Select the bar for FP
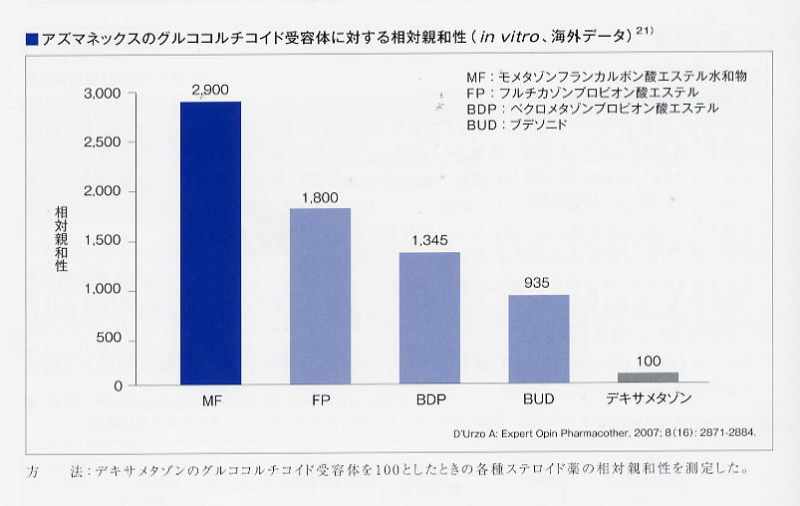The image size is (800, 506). coord(320,296)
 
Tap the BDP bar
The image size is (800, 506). coord(429,318)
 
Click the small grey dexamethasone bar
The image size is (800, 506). coord(648,378)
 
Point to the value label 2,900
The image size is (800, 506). coord(209,90)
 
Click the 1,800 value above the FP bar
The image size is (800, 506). coord(319,197)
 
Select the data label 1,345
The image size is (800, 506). coord(428,241)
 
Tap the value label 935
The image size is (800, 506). coord(538,283)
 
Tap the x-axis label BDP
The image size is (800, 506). coord(429,400)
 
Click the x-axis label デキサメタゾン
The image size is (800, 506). coord(648,400)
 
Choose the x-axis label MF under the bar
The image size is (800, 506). coord(210,400)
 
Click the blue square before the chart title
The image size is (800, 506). coord(31,39)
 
